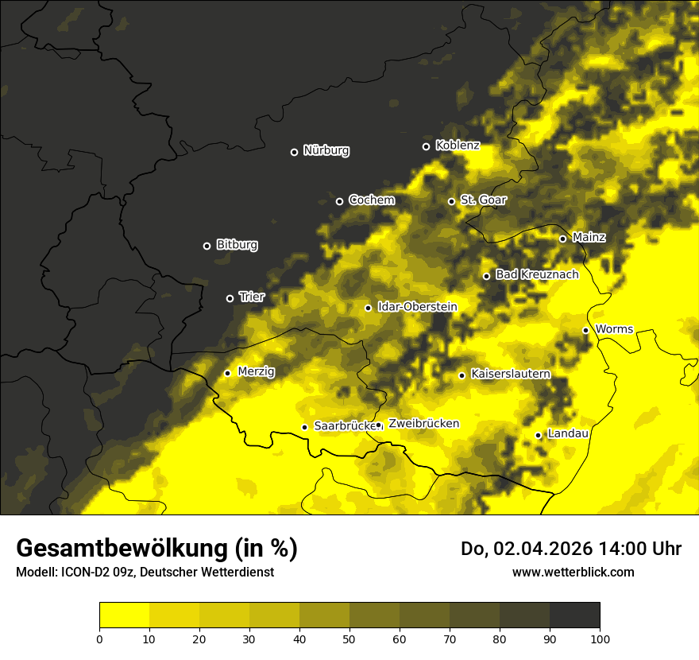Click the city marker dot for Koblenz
click(x=426, y=146)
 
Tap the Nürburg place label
click(x=326, y=150)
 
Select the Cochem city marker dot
click(x=339, y=201)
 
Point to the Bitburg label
click(x=237, y=245)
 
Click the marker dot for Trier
click(x=230, y=298)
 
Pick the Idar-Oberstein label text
click(x=417, y=307)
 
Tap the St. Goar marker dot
click(x=451, y=201)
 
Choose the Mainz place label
click(x=589, y=237)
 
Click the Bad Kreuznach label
click(x=537, y=274)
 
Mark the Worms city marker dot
click(x=585, y=330)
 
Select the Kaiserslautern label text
click(x=510, y=374)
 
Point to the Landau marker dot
click(x=538, y=435)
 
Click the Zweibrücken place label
click(x=423, y=424)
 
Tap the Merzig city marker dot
click(x=227, y=373)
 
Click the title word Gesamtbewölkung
click(x=123, y=549)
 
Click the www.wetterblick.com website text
click(x=573, y=572)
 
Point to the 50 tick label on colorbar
click(x=349, y=638)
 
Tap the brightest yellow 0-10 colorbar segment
click(x=124, y=615)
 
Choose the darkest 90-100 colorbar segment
click(x=574, y=615)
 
